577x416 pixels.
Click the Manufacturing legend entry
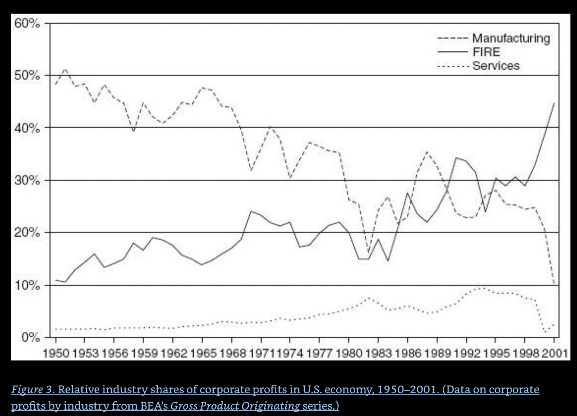pos(511,39)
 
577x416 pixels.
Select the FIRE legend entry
pos(486,52)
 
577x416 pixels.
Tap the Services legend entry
pos(495,66)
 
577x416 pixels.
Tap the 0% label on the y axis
pos(32,338)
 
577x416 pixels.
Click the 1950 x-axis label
pos(56,352)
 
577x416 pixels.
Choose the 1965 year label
pos(202,352)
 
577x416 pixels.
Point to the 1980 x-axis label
pos(348,352)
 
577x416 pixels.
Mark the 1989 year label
pos(436,352)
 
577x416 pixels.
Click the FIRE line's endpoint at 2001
pos(554,103)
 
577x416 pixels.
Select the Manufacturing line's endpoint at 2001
pos(554,285)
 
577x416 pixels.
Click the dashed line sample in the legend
pos(452,39)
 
